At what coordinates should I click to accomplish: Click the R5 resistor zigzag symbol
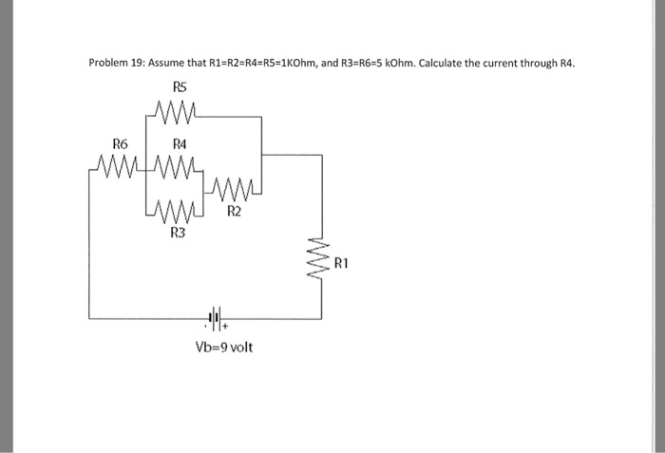click(x=178, y=115)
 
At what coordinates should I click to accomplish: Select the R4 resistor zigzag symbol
click(x=177, y=172)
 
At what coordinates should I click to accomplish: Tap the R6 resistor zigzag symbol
click(x=119, y=172)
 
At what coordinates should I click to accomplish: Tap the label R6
click(x=121, y=143)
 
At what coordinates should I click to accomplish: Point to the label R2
click(x=234, y=212)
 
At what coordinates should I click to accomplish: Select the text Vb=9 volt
click(x=223, y=348)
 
